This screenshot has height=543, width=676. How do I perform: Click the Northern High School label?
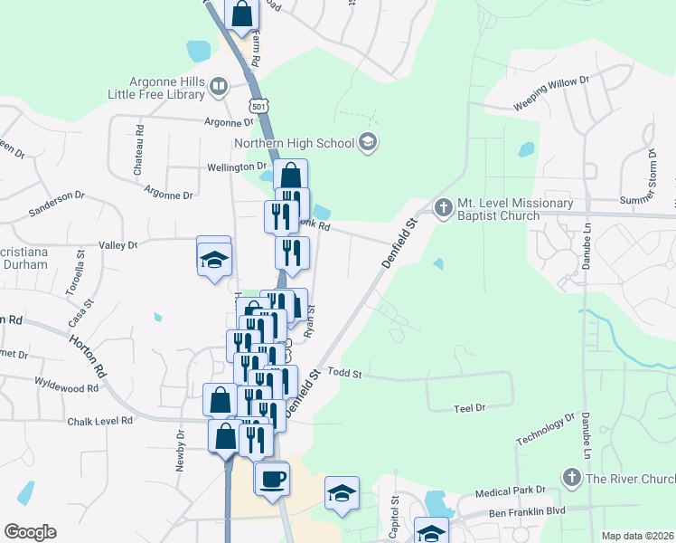(294, 143)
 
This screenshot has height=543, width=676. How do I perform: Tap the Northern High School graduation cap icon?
(367, 142)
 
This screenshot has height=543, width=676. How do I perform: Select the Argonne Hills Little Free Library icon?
(218, 87)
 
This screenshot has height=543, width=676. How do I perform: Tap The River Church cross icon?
(570, 477)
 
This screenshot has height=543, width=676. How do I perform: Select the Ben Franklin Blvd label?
(526, 511)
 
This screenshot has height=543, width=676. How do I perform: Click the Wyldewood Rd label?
(67, 388)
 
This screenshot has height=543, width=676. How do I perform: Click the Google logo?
(30, 532)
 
